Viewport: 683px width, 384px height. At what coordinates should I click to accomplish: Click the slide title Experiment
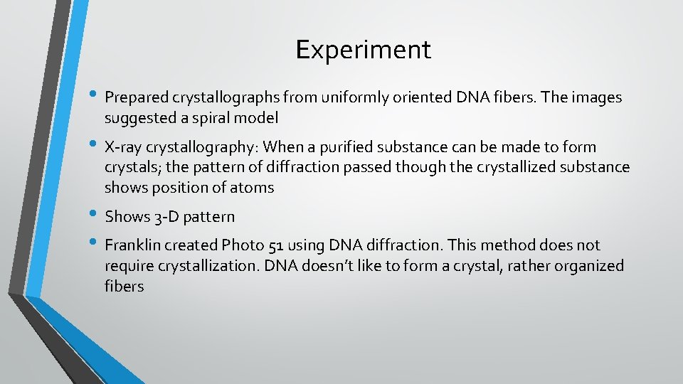[363, 50]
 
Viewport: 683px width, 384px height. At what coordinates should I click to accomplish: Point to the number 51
[277, 245]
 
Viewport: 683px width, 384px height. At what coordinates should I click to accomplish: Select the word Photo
[243, 245]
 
